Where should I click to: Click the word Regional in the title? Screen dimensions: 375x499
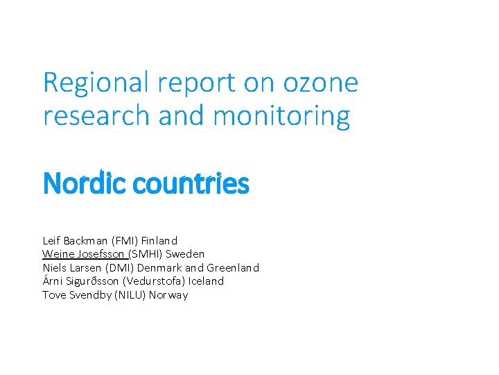(97, 83)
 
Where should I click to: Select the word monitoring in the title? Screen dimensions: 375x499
(282, 116)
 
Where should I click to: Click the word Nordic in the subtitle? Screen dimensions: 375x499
(77, 184)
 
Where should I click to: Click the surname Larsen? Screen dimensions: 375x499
(86, 268)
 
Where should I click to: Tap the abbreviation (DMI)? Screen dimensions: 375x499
(121, 268)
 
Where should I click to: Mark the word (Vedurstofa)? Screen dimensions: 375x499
(156, 281)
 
